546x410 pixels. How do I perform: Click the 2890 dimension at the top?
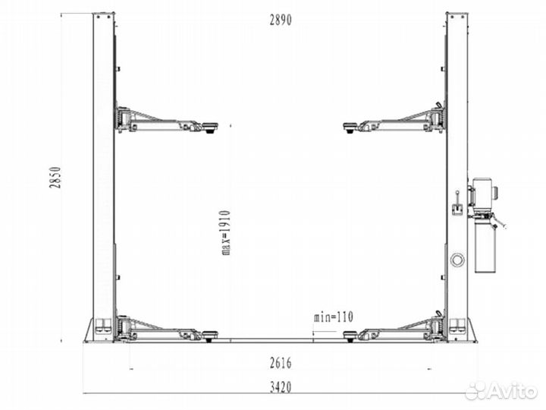281,20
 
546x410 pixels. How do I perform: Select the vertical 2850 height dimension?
55,178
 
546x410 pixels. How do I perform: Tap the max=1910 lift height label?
226,232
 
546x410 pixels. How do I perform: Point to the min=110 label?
333,317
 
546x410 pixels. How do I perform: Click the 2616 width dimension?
281,363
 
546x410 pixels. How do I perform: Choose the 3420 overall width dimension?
281,387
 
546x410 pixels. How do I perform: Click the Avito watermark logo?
500,391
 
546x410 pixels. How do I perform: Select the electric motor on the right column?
483,192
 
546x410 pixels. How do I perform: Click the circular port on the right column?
457,260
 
